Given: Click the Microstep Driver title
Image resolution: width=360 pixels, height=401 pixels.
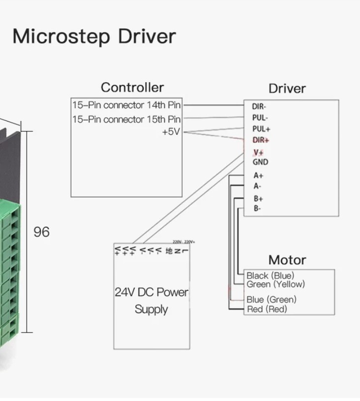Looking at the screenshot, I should point(94,37).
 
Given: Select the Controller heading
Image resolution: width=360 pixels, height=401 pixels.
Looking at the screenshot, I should point(132,88).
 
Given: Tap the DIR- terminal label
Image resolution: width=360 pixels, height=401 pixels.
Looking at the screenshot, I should point(259,106).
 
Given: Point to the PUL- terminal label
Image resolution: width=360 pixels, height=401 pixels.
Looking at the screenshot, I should point(260,118).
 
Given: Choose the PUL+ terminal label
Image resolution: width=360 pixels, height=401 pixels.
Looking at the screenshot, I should point(261,129).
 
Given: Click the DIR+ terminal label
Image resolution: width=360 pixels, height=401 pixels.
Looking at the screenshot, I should point(261,140).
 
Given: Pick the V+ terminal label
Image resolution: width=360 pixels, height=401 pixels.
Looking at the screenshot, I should point(258,152).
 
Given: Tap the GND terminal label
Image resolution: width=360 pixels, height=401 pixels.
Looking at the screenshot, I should point(260,162).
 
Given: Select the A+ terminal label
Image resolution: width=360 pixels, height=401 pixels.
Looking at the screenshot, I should point(258,175).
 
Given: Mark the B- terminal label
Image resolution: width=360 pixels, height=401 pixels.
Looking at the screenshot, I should point(257,209).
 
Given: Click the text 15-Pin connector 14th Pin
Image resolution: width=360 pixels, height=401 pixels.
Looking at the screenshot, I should point(126,105).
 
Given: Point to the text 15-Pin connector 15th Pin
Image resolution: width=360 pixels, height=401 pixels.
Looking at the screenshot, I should point(126,119).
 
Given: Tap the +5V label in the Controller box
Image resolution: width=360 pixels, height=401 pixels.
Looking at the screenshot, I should point(171,132).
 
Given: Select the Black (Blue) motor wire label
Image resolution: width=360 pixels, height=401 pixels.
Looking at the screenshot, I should point(270,276).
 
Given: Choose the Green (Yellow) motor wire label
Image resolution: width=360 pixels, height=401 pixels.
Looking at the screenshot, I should point(275,284).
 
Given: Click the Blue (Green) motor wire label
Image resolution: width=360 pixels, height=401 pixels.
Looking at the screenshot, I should point(271,299).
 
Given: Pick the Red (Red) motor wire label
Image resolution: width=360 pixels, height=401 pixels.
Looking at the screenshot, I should point(267,309).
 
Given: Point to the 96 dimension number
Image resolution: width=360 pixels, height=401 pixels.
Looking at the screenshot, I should point(41,232).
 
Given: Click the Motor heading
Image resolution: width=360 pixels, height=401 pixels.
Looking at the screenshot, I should point(287,260).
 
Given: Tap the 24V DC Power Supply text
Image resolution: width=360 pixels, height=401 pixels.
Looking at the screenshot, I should point(151,301).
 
